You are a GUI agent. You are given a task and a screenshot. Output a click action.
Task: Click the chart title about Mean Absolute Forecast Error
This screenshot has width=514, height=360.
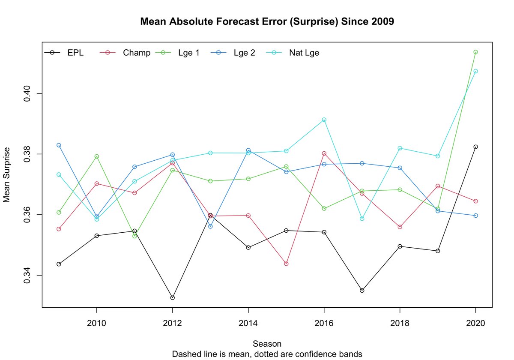[267, 21]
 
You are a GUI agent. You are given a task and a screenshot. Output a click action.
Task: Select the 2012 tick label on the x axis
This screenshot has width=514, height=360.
[172, 323]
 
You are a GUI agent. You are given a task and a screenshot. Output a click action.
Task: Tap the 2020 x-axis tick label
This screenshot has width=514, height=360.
[475, 323]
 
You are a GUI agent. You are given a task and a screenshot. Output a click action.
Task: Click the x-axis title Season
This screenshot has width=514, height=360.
[267, 344]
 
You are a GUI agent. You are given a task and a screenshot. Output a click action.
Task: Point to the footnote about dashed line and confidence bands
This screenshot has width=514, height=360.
[267, 354]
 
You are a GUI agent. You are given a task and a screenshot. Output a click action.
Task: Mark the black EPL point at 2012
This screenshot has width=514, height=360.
[172, 297]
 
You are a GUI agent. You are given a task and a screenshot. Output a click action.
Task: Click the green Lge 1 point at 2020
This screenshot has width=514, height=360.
[475, 52]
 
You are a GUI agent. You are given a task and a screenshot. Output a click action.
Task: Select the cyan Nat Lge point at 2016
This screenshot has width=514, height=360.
[324, 120]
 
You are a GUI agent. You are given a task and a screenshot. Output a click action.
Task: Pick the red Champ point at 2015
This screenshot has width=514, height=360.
[286, 264]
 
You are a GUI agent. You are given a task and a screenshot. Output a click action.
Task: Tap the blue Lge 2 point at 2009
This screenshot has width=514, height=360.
[59, 145]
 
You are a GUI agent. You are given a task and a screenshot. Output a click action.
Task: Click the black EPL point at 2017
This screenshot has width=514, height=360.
[362, 291]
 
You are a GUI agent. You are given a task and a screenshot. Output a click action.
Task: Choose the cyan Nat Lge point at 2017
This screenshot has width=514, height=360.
[362, 219]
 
